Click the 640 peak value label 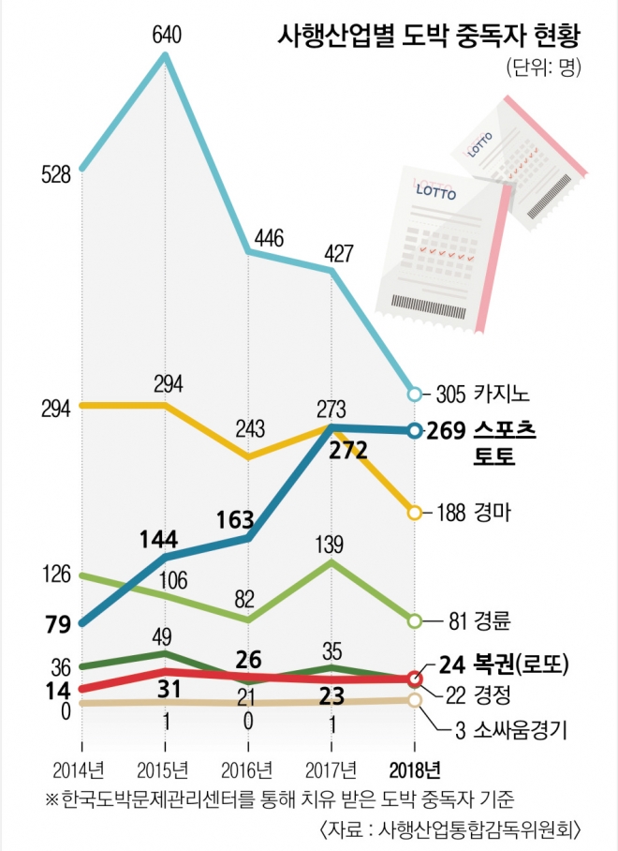pyautogui.click(x=166, y=36)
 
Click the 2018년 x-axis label pyautogui.click(x=414, y=770)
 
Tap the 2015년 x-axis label pyautogui.click(x=166, y=770)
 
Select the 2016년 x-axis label pyautogui.click(x=248, y=770)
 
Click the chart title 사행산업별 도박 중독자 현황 pyautogui.click(x=429, y=37)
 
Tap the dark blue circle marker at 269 pyautogui.click(x=415, y=430)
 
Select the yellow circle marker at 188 pyautogui.click(x=415, y=513)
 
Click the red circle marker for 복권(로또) pyautogui.click(x=415, y=679)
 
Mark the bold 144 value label pyautogui.click(x=159, y=539)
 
